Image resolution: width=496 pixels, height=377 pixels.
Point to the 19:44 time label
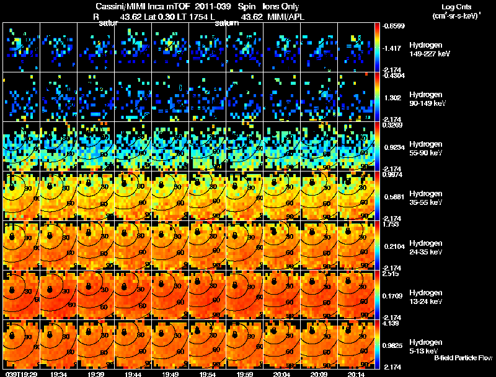133,373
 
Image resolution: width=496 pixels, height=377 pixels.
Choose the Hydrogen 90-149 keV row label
425,99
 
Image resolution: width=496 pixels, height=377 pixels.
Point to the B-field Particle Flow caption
463,358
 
